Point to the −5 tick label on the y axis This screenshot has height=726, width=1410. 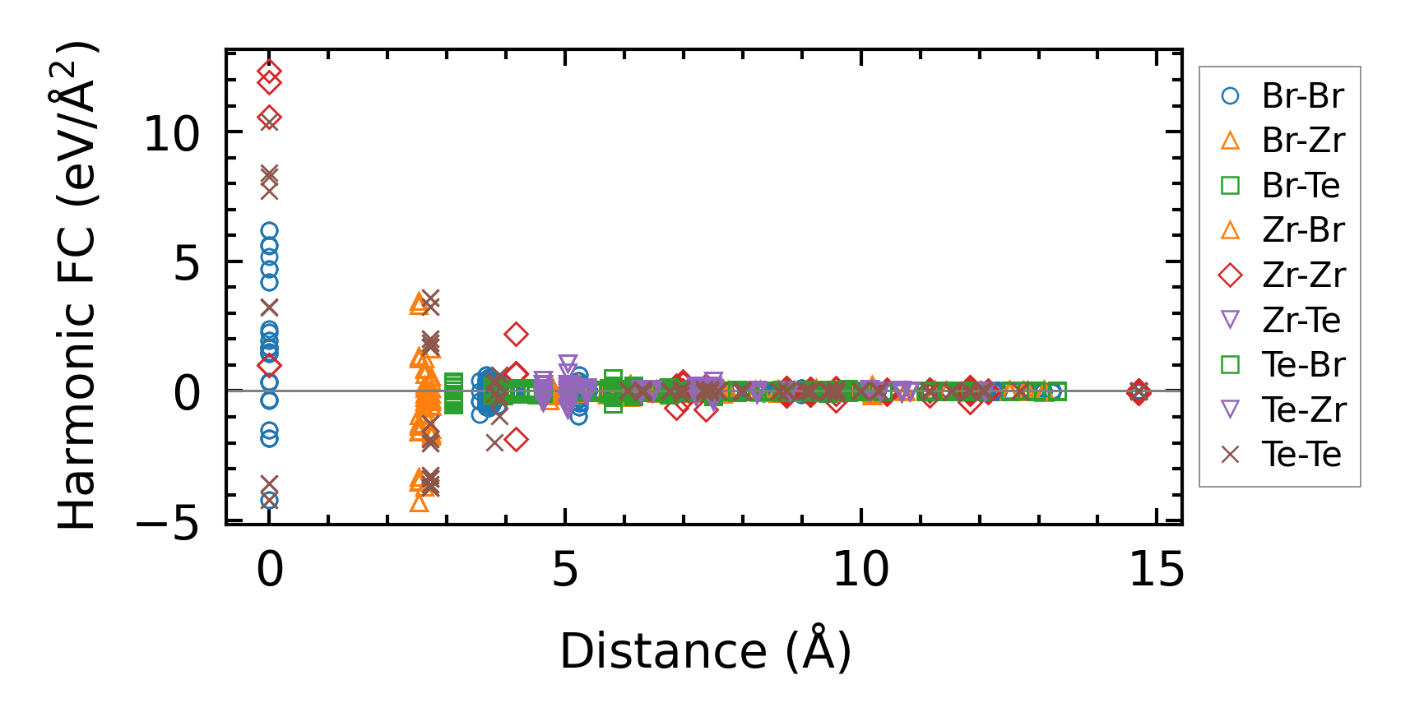(x=168, y=524)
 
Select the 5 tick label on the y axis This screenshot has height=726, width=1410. (x=187, y=264)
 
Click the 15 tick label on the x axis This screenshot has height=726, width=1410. (x=1156, y=569)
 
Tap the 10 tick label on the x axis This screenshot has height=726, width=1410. (x=860, y=569)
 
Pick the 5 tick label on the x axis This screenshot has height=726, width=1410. (x=565, y=569)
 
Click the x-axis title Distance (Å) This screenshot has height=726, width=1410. (x=705, y=651)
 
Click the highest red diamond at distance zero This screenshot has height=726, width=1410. (x=269, y=72)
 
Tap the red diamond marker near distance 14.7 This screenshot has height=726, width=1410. (x=1139, y=392)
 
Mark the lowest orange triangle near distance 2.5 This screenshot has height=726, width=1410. (x=419, y=502)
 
